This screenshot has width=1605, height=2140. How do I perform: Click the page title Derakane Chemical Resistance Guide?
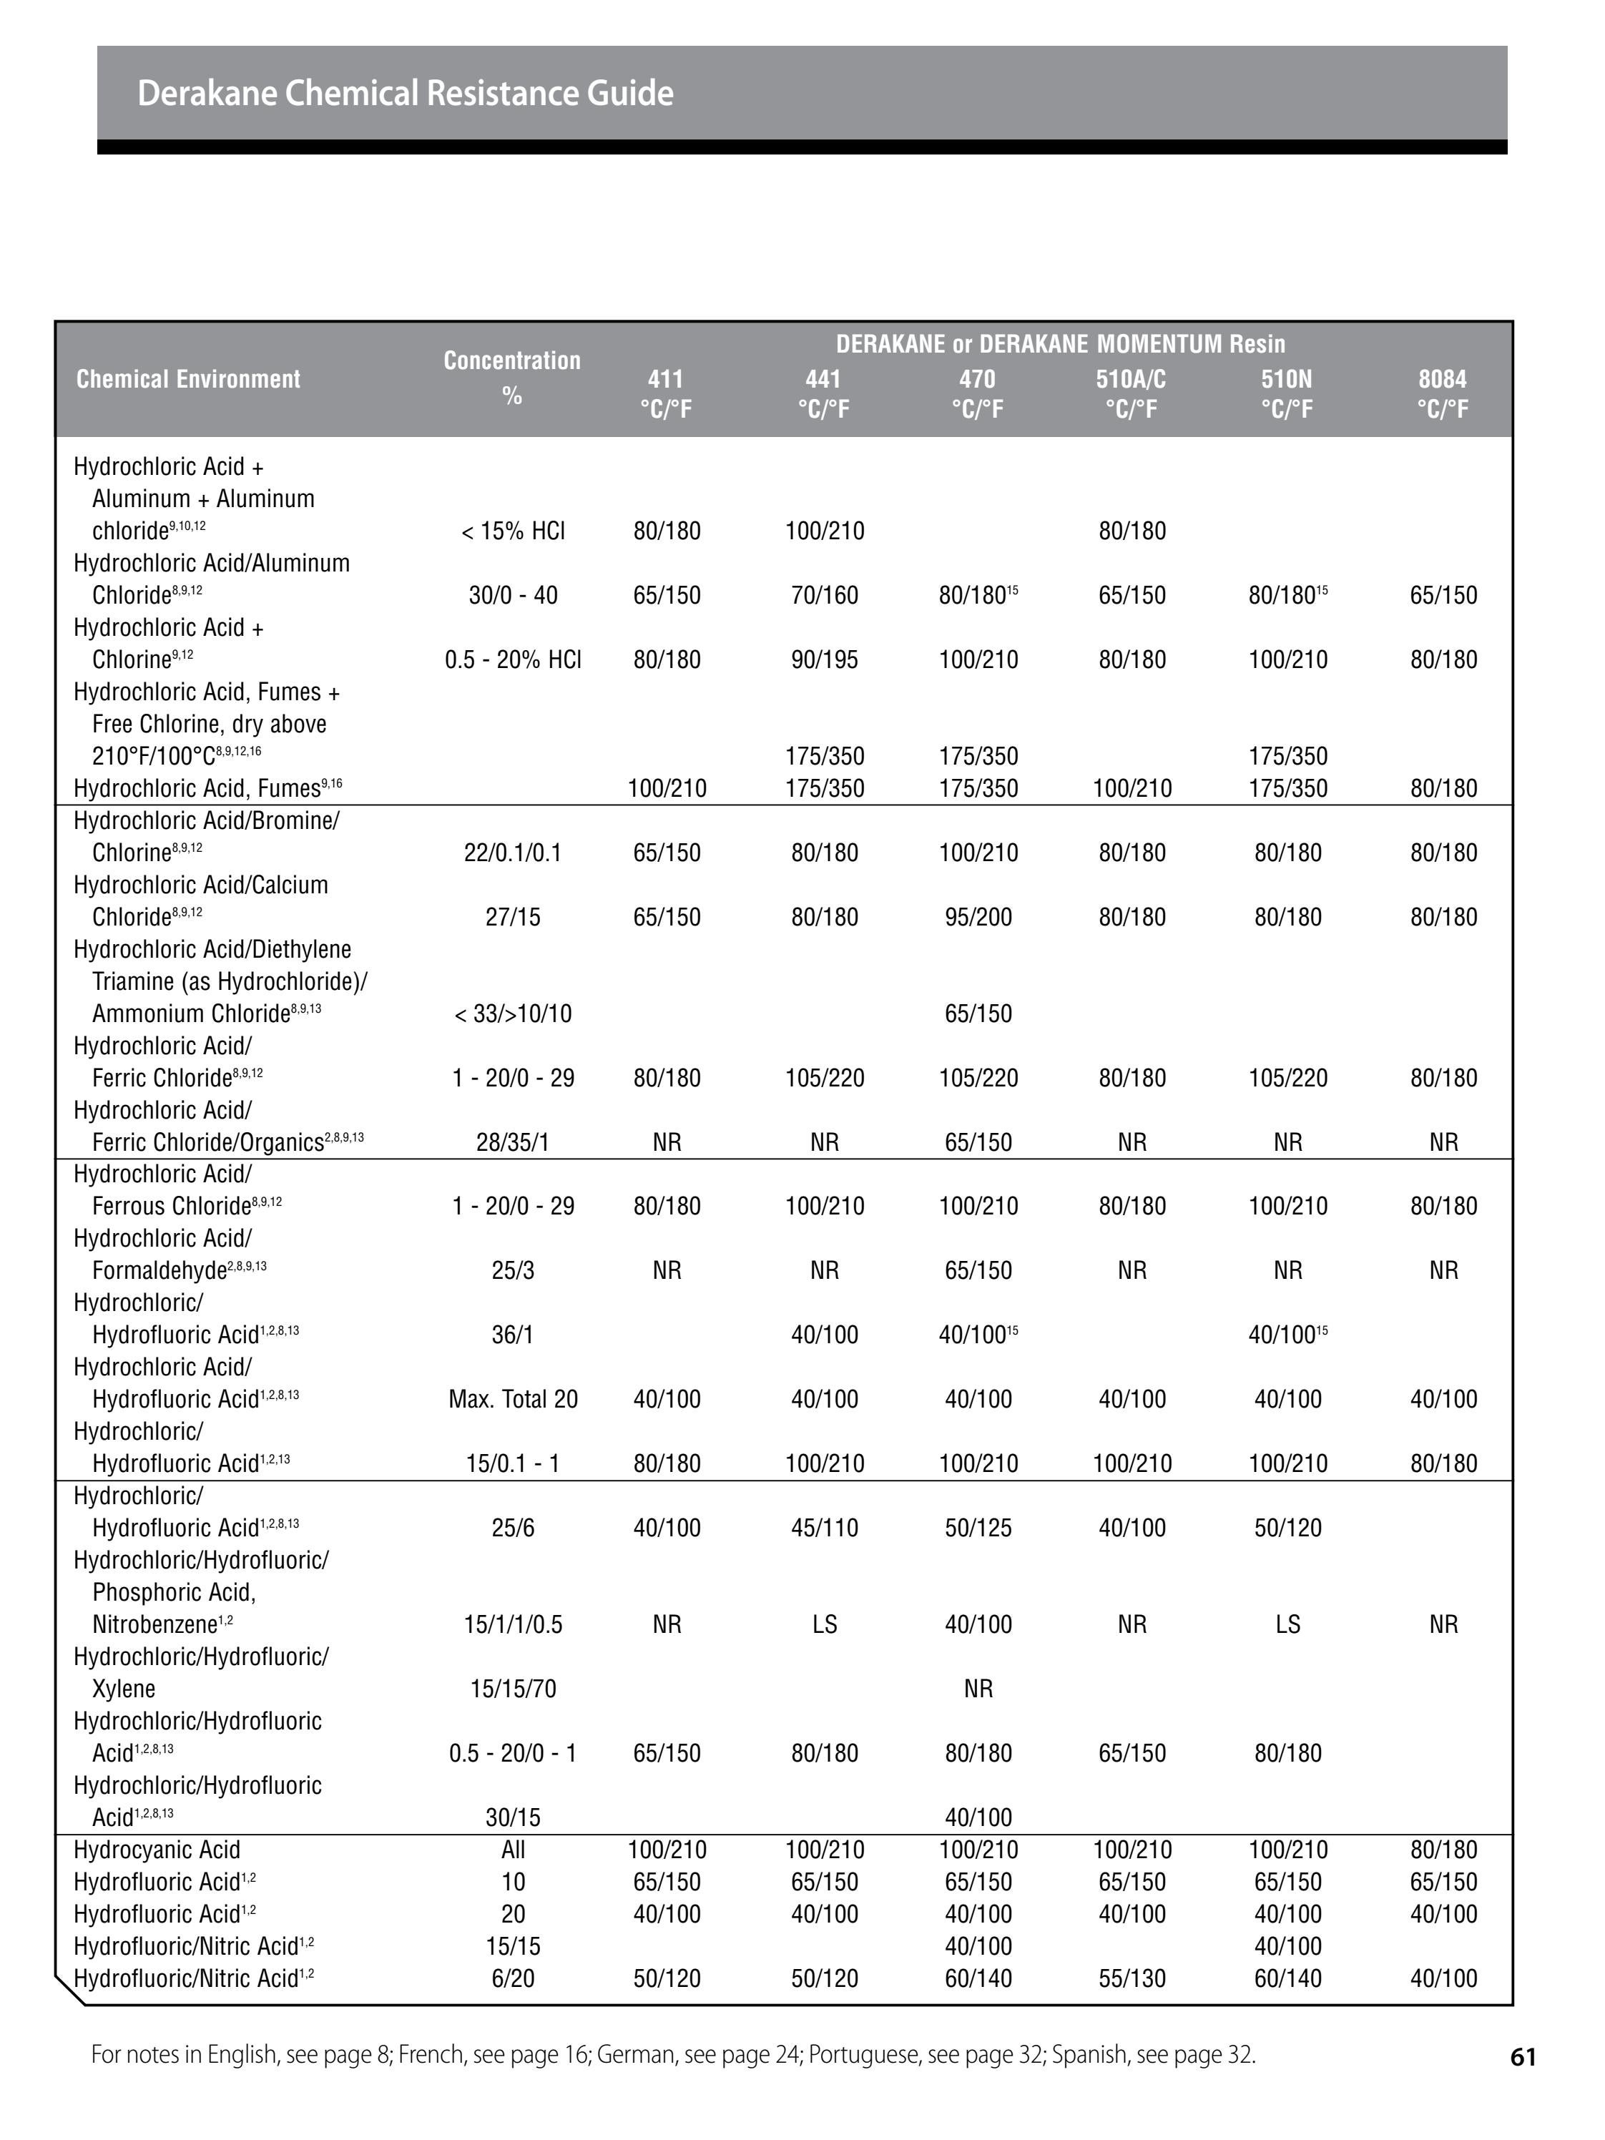pyautogui.click(x=406, y=93)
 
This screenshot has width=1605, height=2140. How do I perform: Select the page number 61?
pyautogui.click(x=1523, y=2057)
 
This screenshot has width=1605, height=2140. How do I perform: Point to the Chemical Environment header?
pyautogui.click(x=189, y=379)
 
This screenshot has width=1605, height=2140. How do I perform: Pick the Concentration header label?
pyautogui.click(x=512, y=361)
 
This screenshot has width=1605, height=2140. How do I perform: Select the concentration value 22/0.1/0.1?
pyautogui.click(x=513, y=853)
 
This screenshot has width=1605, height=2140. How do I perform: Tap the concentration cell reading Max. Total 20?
pyautogui.click(x=513, y=1399)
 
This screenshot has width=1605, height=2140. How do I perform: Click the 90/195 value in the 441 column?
pyautogui.click(x=824, y=659)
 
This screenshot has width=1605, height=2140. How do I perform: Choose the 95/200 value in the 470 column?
pyautogui.click(x=978, y=917)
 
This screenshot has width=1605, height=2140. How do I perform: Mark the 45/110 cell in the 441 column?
pyautogui.click(x=824, y=1528)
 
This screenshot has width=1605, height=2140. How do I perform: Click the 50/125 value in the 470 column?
pyautogui.click(x=978, y=1528)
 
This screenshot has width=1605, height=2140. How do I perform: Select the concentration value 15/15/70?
pyautogui.click(x=513, y=1688)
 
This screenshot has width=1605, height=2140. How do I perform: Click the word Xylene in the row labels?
pyautogui.click(x=124, y=1688)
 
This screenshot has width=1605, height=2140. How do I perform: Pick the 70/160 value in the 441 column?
pyautogui.click(x=824, y=595)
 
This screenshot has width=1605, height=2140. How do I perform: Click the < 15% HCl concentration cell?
pyautogui.click(x=513, y=531)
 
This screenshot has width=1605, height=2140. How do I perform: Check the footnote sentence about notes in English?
pyautogui.click(x=672, y=2055)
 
